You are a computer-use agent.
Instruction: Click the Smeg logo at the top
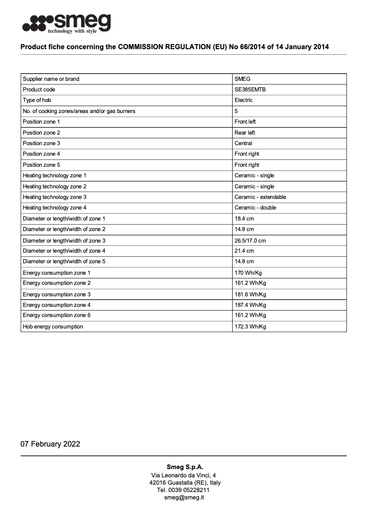click(x=67, y=23)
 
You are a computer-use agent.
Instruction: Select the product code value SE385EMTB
click(x=250, y=90)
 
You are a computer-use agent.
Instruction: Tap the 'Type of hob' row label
click(x=37, y=100)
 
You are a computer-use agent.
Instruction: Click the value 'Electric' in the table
click(x=244, y=100)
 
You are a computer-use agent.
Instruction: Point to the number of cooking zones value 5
click(x=236, y=111)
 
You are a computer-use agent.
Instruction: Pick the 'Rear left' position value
click(x=245, y=133)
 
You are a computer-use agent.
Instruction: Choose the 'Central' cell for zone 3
click(x=243, y=143)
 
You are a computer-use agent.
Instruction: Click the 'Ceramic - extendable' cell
click(x=260, y=197)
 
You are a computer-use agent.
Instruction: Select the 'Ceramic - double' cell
click(x=256, y=208)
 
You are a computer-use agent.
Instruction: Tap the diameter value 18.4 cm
click(x=244, y=219)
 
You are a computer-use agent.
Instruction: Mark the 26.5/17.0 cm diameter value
click(x=250, y=241)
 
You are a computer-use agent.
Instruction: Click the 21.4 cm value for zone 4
click(x=244, y=251)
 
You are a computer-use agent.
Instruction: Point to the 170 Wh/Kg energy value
click(x=248, y=273)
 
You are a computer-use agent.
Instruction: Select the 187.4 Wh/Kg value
click(x=250, y=305)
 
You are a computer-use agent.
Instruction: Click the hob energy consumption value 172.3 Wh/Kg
click(x=250, y=327)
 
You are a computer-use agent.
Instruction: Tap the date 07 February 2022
click(x=50, y=444)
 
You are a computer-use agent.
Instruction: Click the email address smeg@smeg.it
click(x=184, y=498)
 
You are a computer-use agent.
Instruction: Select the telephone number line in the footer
click(x=184, y=490)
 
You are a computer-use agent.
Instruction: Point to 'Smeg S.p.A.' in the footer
click(x=184, y=467)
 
